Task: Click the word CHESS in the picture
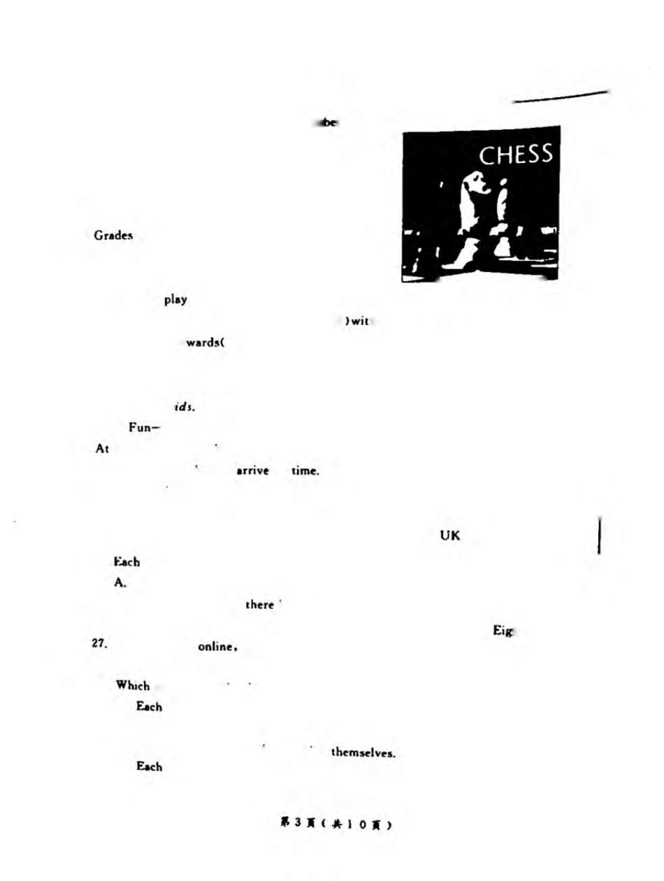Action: click(514, 155)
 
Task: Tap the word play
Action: click(175, 300)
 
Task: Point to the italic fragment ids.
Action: click(184, 406)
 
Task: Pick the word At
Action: click(101, 450)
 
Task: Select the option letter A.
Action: click(120, 582)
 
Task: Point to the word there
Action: click(259, 604)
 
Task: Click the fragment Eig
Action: click(503, 632)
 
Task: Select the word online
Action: click(219, 646)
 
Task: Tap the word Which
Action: click(132, 686)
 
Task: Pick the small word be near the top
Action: click(327, 122)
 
